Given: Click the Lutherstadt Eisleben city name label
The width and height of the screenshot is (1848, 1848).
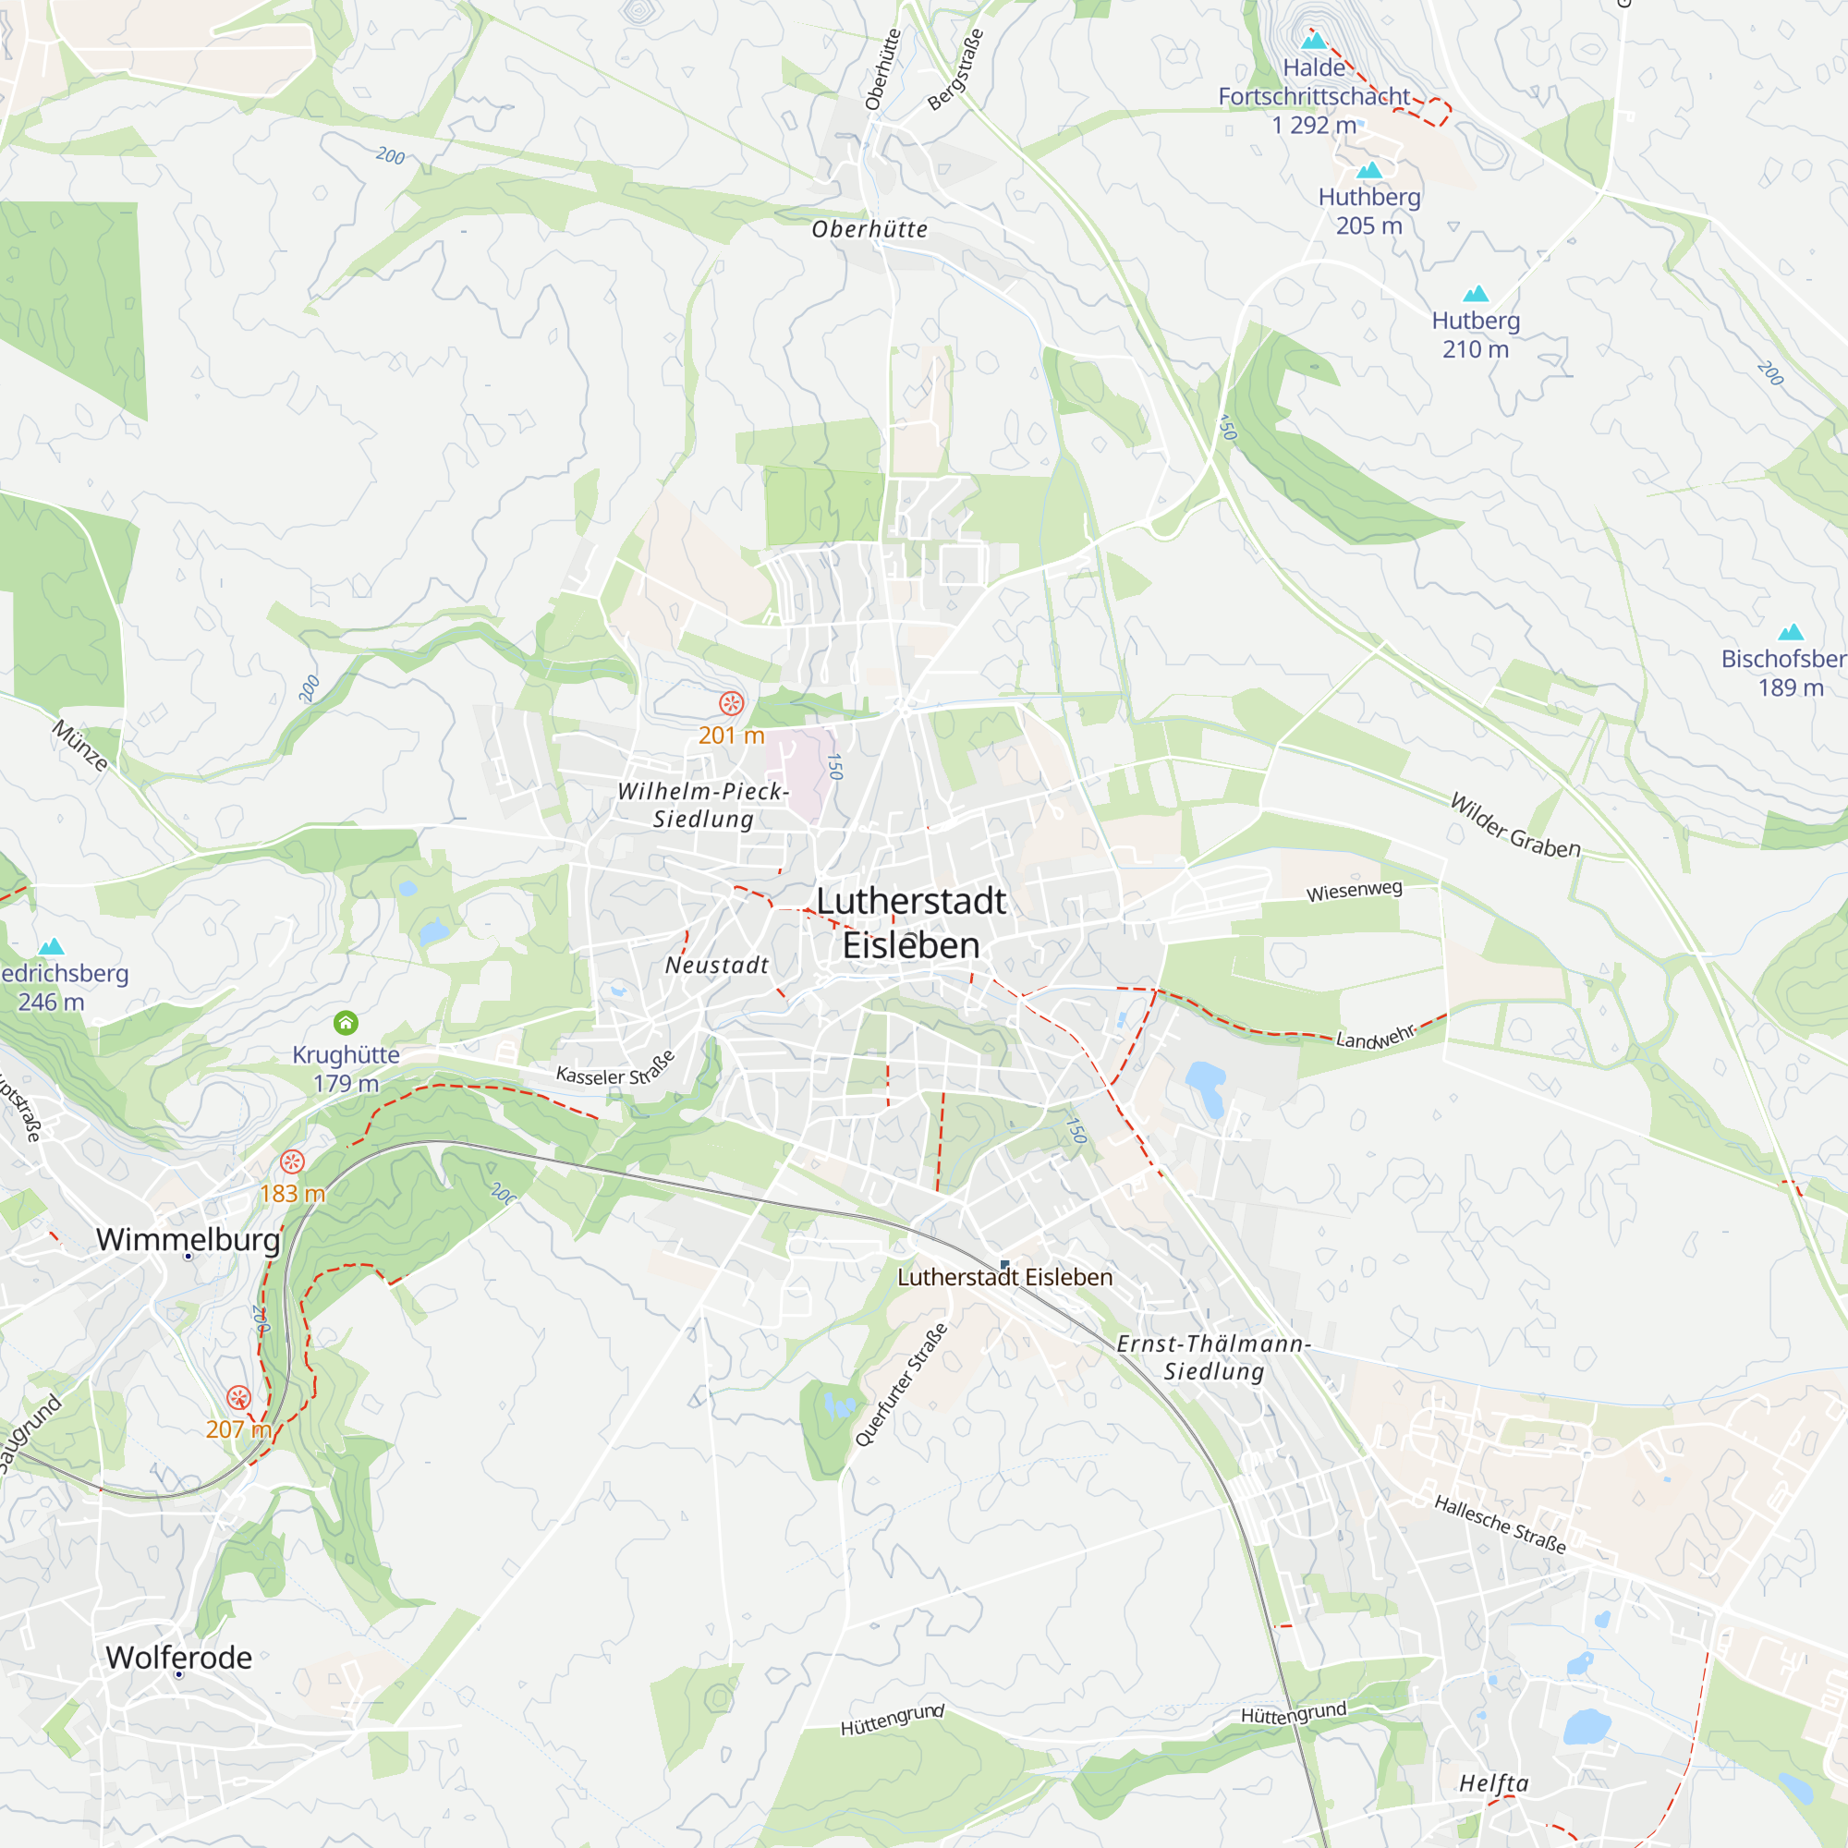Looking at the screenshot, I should click(911, 923).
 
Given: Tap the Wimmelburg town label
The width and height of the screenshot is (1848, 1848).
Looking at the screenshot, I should click(188, 1240).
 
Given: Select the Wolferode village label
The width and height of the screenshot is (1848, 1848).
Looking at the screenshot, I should click(179, 1658).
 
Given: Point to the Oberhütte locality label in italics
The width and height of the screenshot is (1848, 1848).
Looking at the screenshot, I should click(869, 229).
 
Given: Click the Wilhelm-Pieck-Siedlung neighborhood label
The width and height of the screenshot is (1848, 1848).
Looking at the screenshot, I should click(703, 806).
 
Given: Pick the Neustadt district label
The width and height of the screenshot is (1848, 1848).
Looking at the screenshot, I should click(716, 966).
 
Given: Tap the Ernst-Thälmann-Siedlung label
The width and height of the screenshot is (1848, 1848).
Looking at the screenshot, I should click(1214, 1357).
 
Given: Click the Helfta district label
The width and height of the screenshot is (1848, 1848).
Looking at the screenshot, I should click(1494, 1783).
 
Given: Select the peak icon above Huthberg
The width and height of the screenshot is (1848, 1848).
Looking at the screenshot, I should click(1369, 170).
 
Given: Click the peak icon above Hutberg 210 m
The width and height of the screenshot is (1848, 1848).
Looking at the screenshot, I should click(1476, 294).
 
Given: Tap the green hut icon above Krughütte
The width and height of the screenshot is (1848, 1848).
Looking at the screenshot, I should click(346, 1024).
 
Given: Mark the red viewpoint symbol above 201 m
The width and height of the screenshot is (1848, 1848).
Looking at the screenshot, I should click(732, 704).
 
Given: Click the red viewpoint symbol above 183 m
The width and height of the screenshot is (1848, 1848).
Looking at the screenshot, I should click(292, 1162).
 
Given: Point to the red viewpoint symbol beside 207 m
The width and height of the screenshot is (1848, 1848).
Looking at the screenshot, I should click(238, 1397).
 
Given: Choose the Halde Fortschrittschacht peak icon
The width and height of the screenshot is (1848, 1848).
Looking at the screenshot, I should click(1314, 40).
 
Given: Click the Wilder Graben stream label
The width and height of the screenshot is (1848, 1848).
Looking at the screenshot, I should click(1515, 825).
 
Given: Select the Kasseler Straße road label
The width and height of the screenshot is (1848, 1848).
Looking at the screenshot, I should click(616, 1070).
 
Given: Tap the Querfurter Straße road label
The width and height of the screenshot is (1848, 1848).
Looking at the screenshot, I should click(901, 1384).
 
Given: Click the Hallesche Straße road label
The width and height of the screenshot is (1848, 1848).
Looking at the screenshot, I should click(1500, 1525).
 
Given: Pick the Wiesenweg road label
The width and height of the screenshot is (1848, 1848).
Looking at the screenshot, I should click(1355, 891).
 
